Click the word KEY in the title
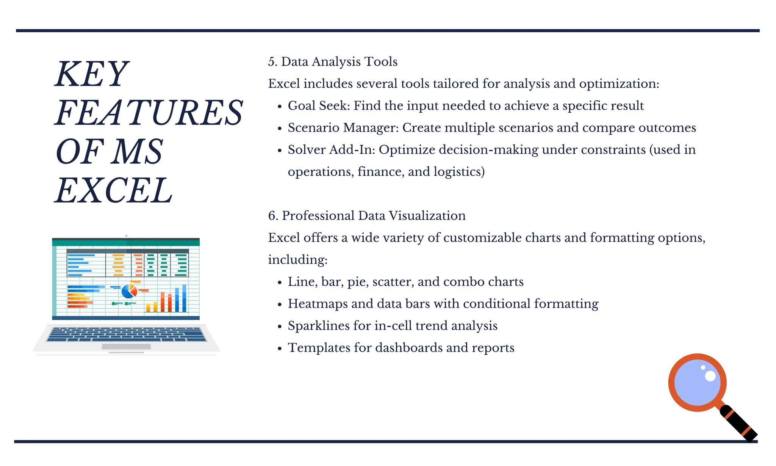91,74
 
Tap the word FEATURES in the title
149,113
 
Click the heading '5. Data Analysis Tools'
333,62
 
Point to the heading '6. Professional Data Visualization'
367,216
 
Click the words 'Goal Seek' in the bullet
318,106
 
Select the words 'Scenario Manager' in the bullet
343,128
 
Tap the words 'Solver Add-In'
331,150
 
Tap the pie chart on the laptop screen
129,292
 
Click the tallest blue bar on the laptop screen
185,298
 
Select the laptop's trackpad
126,347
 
